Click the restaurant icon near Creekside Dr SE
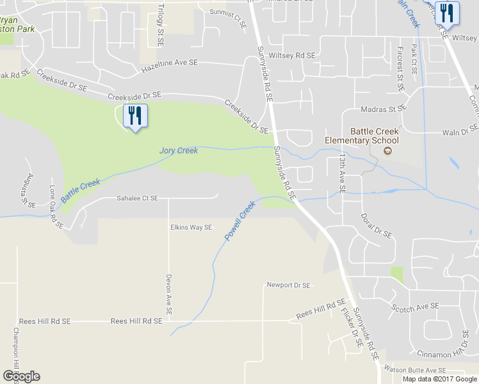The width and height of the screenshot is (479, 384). (134, 116)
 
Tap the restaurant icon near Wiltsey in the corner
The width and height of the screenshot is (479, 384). (446, 13)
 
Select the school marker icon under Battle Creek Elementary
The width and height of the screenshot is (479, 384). (387, 151)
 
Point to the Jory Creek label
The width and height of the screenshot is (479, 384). (179, 150)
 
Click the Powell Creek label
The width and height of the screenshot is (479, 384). (239, 221)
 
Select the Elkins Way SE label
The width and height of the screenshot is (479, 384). (191, 227)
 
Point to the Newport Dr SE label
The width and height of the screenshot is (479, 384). (288, 285)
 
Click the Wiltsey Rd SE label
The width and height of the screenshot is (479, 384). (292, 56)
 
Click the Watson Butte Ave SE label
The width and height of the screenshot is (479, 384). (414, 370)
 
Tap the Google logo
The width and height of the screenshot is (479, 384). (21, 376)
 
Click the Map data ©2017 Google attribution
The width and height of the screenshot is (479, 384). (440, 379)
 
